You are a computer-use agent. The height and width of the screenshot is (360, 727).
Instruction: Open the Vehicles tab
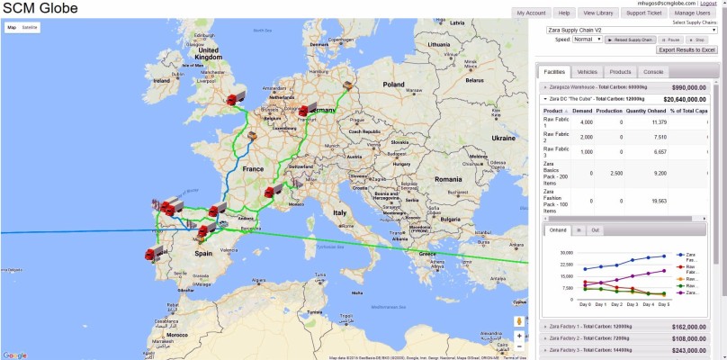coord(587,71)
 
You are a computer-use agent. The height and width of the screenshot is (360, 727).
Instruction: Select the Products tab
coord(620,71)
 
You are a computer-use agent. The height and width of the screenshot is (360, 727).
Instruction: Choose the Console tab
coord(653,71)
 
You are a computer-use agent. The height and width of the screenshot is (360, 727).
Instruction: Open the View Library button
coord(598,13)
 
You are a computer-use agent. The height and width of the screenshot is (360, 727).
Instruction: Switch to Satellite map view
coord(30,28)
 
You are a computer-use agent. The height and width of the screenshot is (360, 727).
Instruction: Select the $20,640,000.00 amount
coord(688,99)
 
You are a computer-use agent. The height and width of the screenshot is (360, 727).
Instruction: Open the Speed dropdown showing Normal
coord(588,40)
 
